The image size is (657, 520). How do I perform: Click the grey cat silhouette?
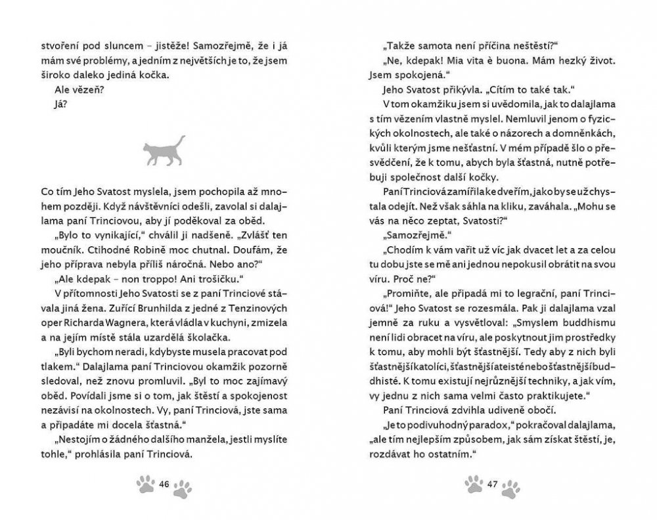(x=164, y=150)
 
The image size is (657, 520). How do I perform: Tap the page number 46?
(x=164, y=485)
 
